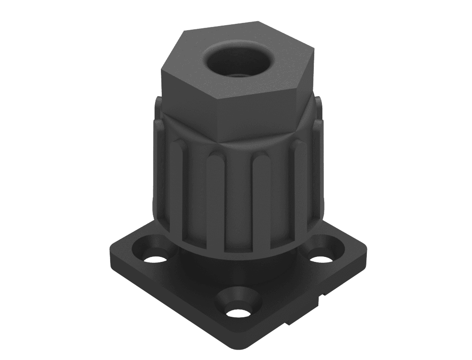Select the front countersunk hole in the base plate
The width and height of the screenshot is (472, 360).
(237, 311)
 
